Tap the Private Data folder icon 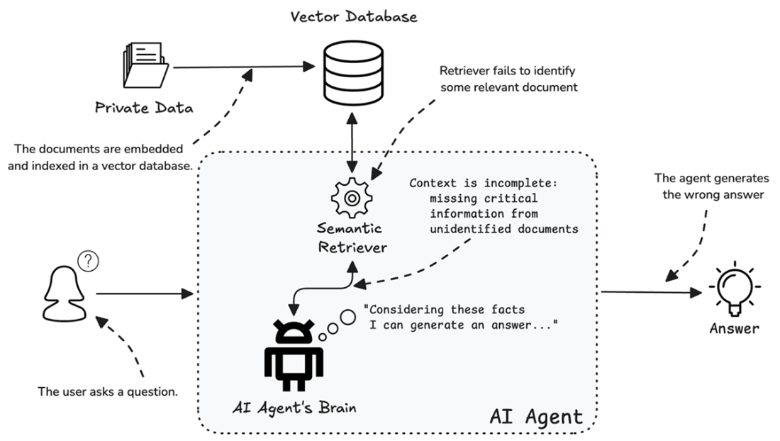click(x=145, y=69)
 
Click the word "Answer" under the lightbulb click(x=734, y=328)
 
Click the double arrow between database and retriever click(x=352, y=140)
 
